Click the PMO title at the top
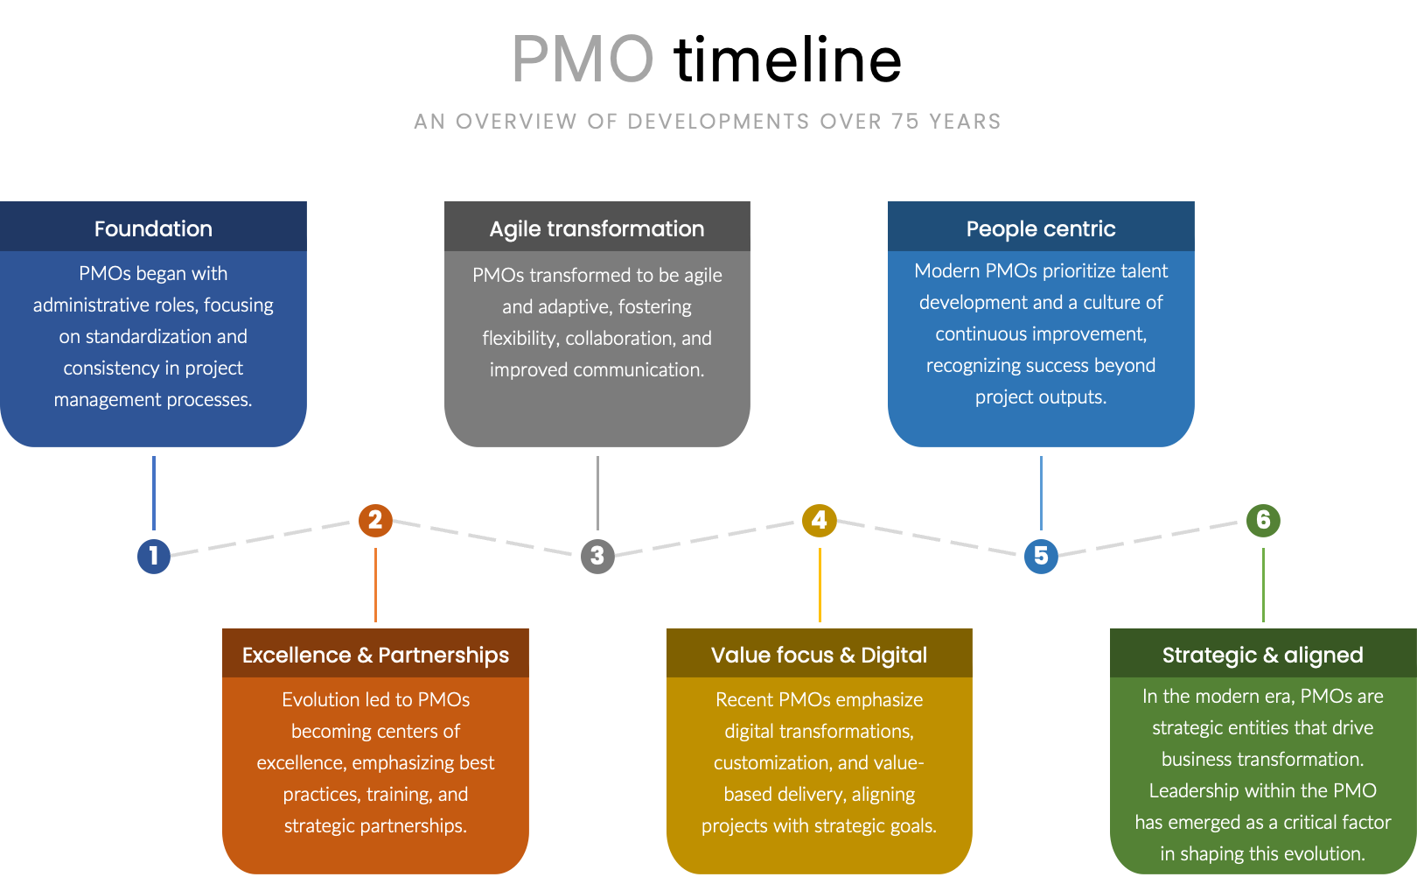[583, 60]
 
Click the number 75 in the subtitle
[906, 122]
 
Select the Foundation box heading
[153, 228]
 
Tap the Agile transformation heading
[597, 228]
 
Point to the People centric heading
[1041, 228]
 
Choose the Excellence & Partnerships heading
[375, 655]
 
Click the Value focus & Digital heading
[819, 655]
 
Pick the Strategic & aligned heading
[1262, 655]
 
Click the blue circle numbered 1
[154, 556]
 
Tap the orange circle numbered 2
[375, 520]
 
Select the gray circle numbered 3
[597, 556]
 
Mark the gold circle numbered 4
[820, 520]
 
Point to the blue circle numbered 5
[1041, 556]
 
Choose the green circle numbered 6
[1263, 520]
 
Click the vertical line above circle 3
[597, 492]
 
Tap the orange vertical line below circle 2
[375, 585]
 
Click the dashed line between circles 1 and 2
[262, 537]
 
